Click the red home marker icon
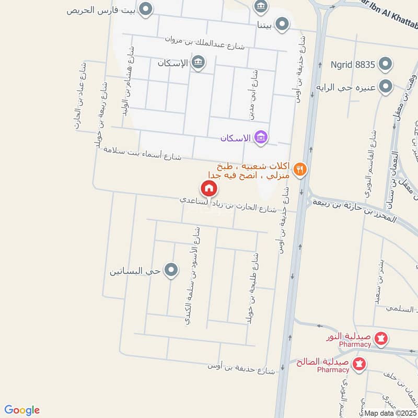(x=208, y=188)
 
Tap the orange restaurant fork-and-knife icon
(x=299, y=169)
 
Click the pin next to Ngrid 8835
(x=386, y=65)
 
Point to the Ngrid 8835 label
(x=353, y=65)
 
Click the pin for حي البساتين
(x=171, y=270)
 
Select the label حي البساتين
(x=135, y=271)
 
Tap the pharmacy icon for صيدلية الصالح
(x=359, y=363)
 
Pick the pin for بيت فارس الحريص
(x=147, y=9)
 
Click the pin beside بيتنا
(x=282, y=25)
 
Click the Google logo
(x=22, y=410)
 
